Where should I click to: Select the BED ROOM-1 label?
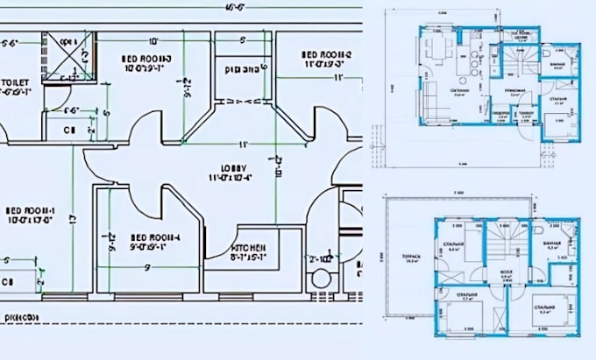[x=31, y=211]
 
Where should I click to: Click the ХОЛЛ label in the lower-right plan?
[x=506, y=272]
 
